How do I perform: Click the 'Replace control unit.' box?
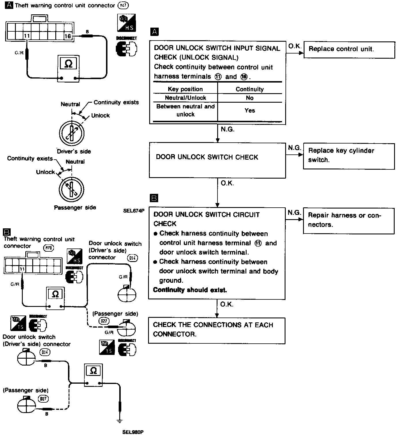(x=349, y=49)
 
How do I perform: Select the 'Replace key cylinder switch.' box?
(x=349, y=156)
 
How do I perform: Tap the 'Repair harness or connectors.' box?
(x=349, y=220)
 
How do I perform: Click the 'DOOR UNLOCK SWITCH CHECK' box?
(x=217, y=160)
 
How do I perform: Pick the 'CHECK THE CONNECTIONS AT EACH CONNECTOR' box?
(x=216, y=330)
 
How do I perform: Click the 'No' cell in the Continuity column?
(x=249, y=98)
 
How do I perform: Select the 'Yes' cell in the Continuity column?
(x=249, y=110)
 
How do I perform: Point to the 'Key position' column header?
(x=185, y=89)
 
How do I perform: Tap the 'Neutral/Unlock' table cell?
(x=185, y=98)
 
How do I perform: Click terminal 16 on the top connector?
(x=68, y=36)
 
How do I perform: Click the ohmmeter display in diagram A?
(x=69, y=63)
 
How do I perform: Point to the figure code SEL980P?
(x=133, y=432)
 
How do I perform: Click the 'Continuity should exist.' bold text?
(x=190, y=290)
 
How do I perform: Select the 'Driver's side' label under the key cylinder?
(x=74, y=151)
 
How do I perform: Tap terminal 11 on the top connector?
(x=27, y=36)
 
